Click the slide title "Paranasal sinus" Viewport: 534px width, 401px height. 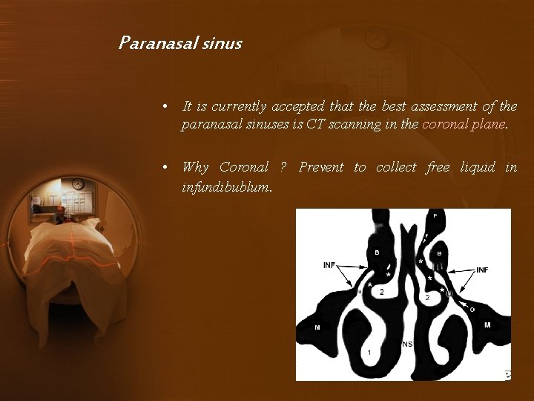click(180, 43)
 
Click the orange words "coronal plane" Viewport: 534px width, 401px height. click(464, 124)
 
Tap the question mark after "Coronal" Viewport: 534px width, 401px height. click(283, 167)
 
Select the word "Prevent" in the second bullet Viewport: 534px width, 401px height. click(321, 167)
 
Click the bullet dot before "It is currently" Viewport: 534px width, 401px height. click(168, 107)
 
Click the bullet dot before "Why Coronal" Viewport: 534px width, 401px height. click(168, 167)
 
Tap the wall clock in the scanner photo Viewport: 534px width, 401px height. click(77, 183)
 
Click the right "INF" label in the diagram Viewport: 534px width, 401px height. click(481, 270)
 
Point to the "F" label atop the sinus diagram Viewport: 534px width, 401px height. click(435, 215)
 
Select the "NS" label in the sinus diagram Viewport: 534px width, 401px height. click(407, 344)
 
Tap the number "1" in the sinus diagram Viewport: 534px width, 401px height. click(369, 352)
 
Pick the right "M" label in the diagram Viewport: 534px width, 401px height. click(487, 325)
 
